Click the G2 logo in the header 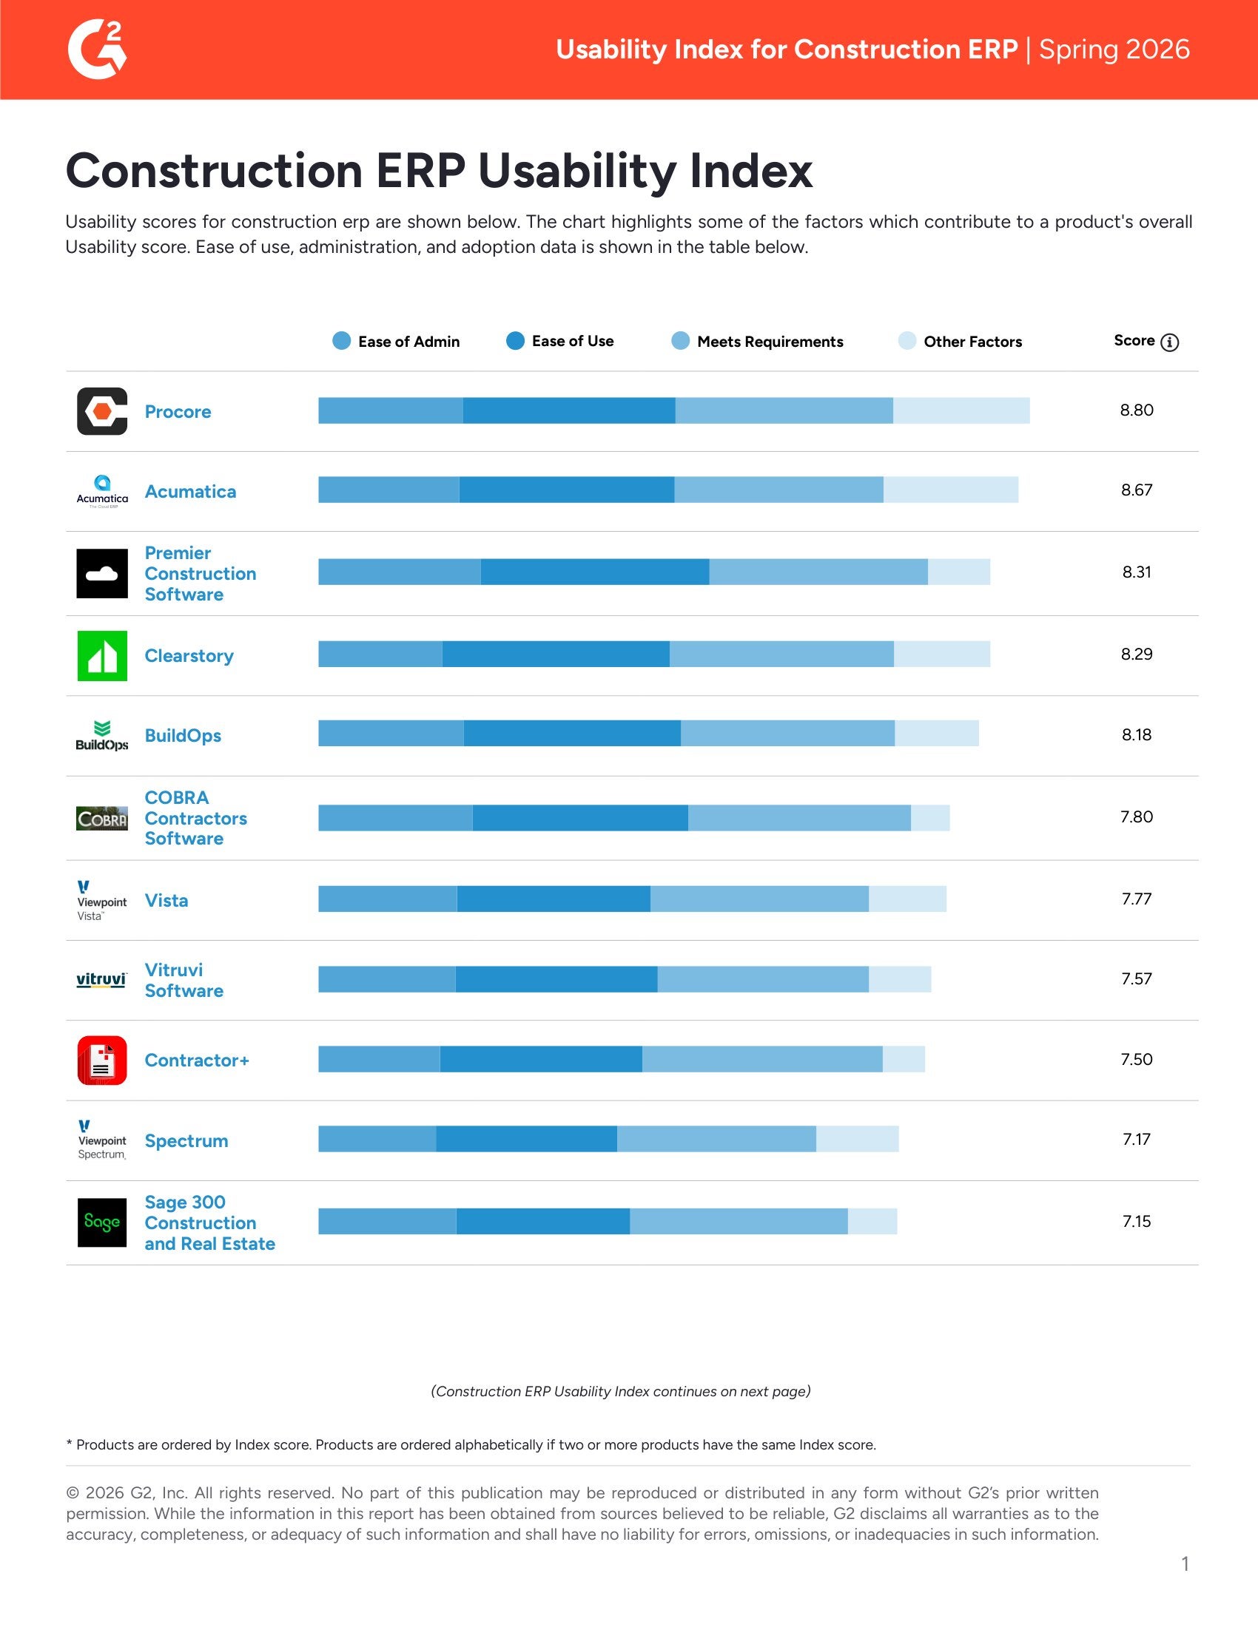coord(97,49)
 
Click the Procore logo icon coord(102,411)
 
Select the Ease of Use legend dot coord(515,341)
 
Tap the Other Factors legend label coord(972,342)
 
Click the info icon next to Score coord(1169,342)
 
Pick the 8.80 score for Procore coord(1136,410)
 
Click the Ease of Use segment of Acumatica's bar coord(566,490)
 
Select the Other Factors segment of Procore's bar coord(961,410)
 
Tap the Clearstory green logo coord(102,655)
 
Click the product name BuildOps coord(183,736)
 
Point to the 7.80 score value coord(1136,817)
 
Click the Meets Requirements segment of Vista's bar coord(758,899)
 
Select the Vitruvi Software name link coord(184,981)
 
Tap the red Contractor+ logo coord(102,1060)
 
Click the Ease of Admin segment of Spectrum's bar coord(377,1139)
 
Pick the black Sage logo coord(102,1222)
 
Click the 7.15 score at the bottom coord(1136,1222)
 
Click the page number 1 coord(1184,1564)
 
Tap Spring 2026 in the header coord(1114,50)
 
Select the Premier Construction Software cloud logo coord(102,574)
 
